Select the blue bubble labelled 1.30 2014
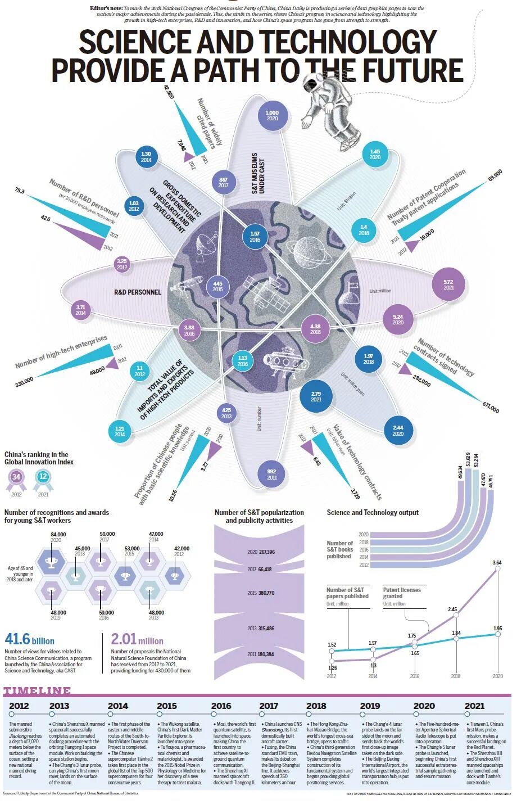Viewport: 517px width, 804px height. pos(146,157)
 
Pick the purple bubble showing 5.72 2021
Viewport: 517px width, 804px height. pos(448,284)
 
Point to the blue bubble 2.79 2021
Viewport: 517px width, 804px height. pos(316,396)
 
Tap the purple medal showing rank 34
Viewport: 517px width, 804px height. pos(16,477)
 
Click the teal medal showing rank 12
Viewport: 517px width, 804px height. pos(43,477)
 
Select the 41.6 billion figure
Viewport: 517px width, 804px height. pos(29,640)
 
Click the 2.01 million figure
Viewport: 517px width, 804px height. pos(137,640)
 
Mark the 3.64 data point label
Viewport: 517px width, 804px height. pos(497,562)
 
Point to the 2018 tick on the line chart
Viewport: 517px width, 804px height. pos(456,676)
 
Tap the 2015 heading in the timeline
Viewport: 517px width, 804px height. pos(166,706)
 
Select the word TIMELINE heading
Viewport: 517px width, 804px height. pos(37,691)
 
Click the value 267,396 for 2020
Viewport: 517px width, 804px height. pos(267,552)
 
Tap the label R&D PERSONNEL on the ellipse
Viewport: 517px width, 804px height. pos(137,292)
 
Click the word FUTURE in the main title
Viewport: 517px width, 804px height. pos(412,70)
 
